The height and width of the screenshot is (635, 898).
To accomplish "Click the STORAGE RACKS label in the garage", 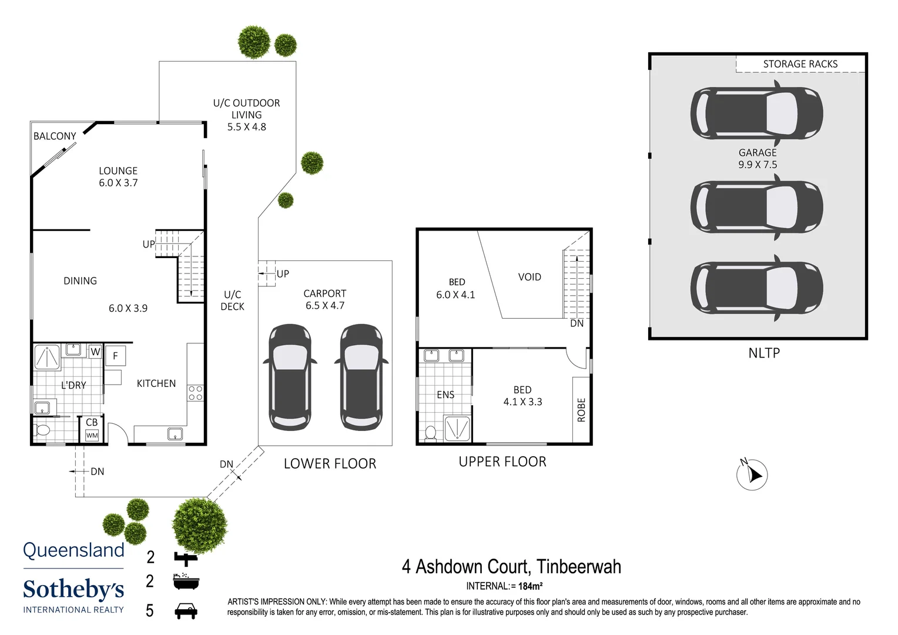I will pyautogui.click(x=800, y=63).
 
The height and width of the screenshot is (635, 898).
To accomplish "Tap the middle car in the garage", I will pyautogui.click(x=756, y=207).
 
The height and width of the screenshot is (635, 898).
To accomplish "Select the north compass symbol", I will pyautogui.click(x=752, y=474).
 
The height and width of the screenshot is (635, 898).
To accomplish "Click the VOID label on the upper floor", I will pyautogui.click(x=530, y=277).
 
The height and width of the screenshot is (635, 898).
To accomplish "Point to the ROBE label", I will pyautogui.click(x=581, y=410).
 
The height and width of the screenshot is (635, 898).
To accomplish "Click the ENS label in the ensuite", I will pyautogui.click(x=445, y=395).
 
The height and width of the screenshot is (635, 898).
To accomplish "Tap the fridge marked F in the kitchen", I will pyautogui.click(x=115, y=356).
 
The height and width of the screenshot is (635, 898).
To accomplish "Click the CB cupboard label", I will pyautogui.click(x=92, y=422).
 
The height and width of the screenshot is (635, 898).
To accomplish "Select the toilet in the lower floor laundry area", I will pyautogui.click(x=42, y=430).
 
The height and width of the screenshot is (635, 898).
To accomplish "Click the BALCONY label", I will pyautogui.click(x=55, y=136).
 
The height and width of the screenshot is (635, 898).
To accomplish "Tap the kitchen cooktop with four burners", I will pyautogui.click(x=195, y=393).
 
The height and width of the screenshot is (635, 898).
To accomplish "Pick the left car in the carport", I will pyautogui.click(x=290, y=376).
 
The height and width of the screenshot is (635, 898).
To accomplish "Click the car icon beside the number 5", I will pyautogui.click(x=186, y=611).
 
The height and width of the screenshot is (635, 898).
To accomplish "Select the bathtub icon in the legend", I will pyautogui.click(x=186, y=581).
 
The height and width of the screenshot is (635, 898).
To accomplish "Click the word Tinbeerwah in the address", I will pyautogui.click(x=578, y=566).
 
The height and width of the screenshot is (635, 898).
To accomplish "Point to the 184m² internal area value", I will pyautogui.click(x=530, y=586).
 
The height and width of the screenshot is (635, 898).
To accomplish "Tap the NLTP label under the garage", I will pyautogui.click(x=764, y=353).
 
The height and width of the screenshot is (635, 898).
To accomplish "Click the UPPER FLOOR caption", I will pyautogui.click(x=502, y=462).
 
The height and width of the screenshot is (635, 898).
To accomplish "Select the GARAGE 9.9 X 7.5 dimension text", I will pyautogui.click(x=758, y=159).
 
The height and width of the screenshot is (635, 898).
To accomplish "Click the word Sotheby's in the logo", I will pyautogui.click(x=73, y=589).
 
